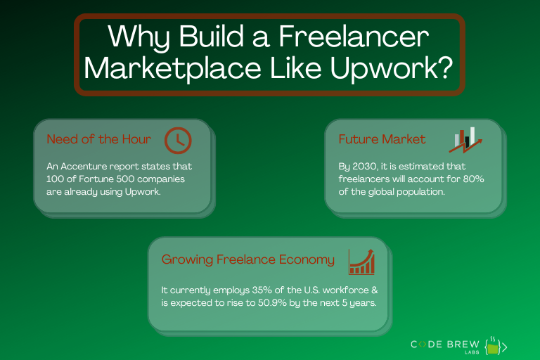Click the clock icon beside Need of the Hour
[x=178, y=140]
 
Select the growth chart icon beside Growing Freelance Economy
[x=362, y=261]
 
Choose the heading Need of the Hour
[x=98, y=139]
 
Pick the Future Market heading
[x=382, y=139]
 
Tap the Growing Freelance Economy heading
[x=248, y=259]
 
